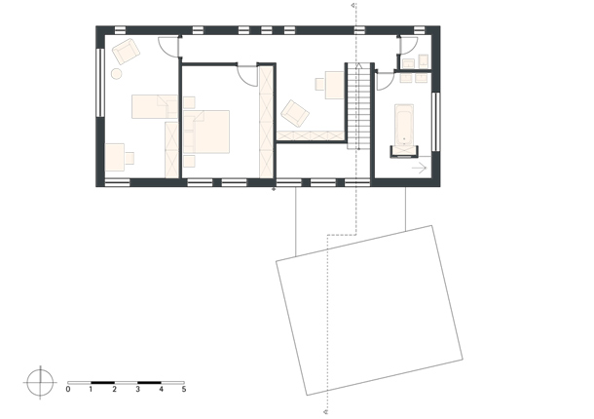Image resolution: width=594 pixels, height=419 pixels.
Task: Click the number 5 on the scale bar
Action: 184,389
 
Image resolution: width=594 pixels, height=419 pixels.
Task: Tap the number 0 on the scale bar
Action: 68,389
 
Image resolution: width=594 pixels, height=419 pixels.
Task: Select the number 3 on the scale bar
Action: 137,389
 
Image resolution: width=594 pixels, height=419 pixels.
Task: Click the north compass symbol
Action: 40,383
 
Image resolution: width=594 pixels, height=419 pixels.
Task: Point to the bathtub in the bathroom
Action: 404,126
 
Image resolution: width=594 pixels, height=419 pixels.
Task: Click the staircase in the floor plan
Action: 358,106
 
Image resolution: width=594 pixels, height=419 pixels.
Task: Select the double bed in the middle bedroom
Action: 206,132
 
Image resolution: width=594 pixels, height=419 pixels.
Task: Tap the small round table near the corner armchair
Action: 116,74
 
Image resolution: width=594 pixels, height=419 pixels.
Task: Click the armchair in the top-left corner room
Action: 127,52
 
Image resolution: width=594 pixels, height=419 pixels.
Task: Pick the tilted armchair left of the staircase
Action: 295,113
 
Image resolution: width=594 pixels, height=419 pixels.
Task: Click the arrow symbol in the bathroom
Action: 420,168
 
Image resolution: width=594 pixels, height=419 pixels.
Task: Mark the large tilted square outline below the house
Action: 277,261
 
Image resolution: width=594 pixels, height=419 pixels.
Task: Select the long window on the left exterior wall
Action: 100,82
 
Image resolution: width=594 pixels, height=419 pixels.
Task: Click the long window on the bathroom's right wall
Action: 435,122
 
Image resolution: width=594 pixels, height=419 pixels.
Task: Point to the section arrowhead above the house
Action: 353,5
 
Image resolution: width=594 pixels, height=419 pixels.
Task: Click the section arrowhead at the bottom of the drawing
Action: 326,411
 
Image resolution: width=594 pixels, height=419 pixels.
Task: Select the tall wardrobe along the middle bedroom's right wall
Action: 266,122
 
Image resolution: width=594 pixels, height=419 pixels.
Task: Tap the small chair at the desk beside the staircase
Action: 320,84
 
